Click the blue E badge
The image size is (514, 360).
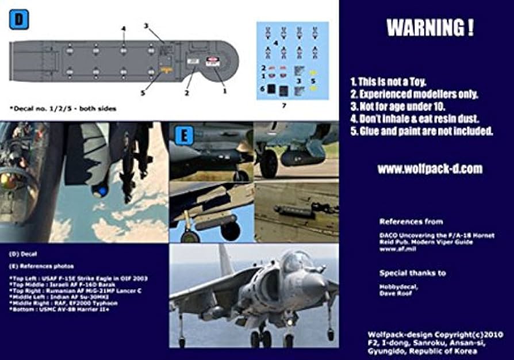pyautogui.click(x=184, y=136)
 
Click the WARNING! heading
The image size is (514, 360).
pyautogui.click(x=430, y=28)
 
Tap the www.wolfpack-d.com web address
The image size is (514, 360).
pyautogui.click(x=429, y=169)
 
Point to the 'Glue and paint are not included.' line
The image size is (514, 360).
pyautogui.click(x=422, y=131)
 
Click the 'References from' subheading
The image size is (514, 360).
pyautogui.click(x=411, y=221)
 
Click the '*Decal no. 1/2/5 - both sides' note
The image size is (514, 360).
pyautogui.click(x=63, y=108)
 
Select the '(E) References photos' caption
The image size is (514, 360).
pyautogui.click(x=42, y=266)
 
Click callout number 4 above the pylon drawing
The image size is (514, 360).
pyautogui.click(x=123, y=28)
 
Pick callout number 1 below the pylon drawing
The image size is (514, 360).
pyautogui.click(x=225, y=91)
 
